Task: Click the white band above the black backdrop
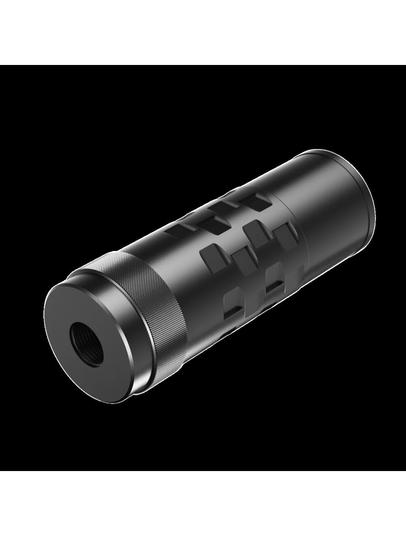(203, 32)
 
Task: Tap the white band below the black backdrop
(203, 504)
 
